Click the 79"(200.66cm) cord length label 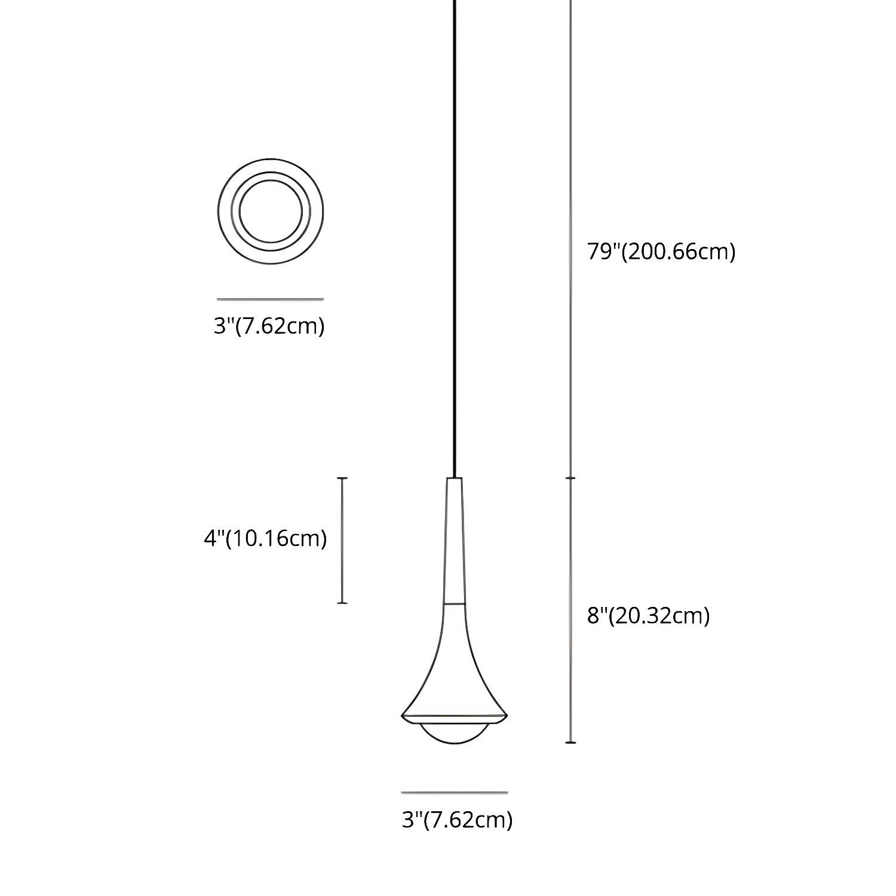coord(661,251)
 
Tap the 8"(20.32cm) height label coord(648,615)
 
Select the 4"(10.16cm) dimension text coord(265,538)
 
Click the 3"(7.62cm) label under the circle coord(269,326)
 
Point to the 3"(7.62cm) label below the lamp coord(457,820)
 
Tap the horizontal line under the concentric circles coord(270,299)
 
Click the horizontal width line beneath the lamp coord(455,793)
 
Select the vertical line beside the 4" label coord(342,541)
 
